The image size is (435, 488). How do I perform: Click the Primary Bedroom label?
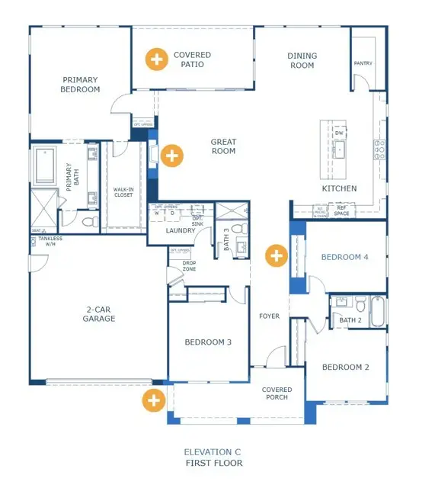82,84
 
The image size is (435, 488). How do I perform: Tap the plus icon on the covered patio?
157,59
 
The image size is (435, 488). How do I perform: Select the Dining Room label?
301,60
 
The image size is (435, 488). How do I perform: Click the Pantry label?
363,63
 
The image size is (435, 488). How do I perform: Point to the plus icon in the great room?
173,156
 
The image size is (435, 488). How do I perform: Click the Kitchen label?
339,188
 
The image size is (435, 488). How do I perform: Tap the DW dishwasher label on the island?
339,133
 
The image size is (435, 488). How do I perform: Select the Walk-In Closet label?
124,191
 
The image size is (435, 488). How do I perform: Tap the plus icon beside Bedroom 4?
276,255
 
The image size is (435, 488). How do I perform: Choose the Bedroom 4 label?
344,257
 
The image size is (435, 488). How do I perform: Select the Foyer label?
270,316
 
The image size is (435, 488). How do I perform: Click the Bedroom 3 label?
208,342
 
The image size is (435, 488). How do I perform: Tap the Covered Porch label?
277,394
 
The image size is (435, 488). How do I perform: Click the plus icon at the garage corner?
155,399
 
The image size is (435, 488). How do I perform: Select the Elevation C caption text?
214,452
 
